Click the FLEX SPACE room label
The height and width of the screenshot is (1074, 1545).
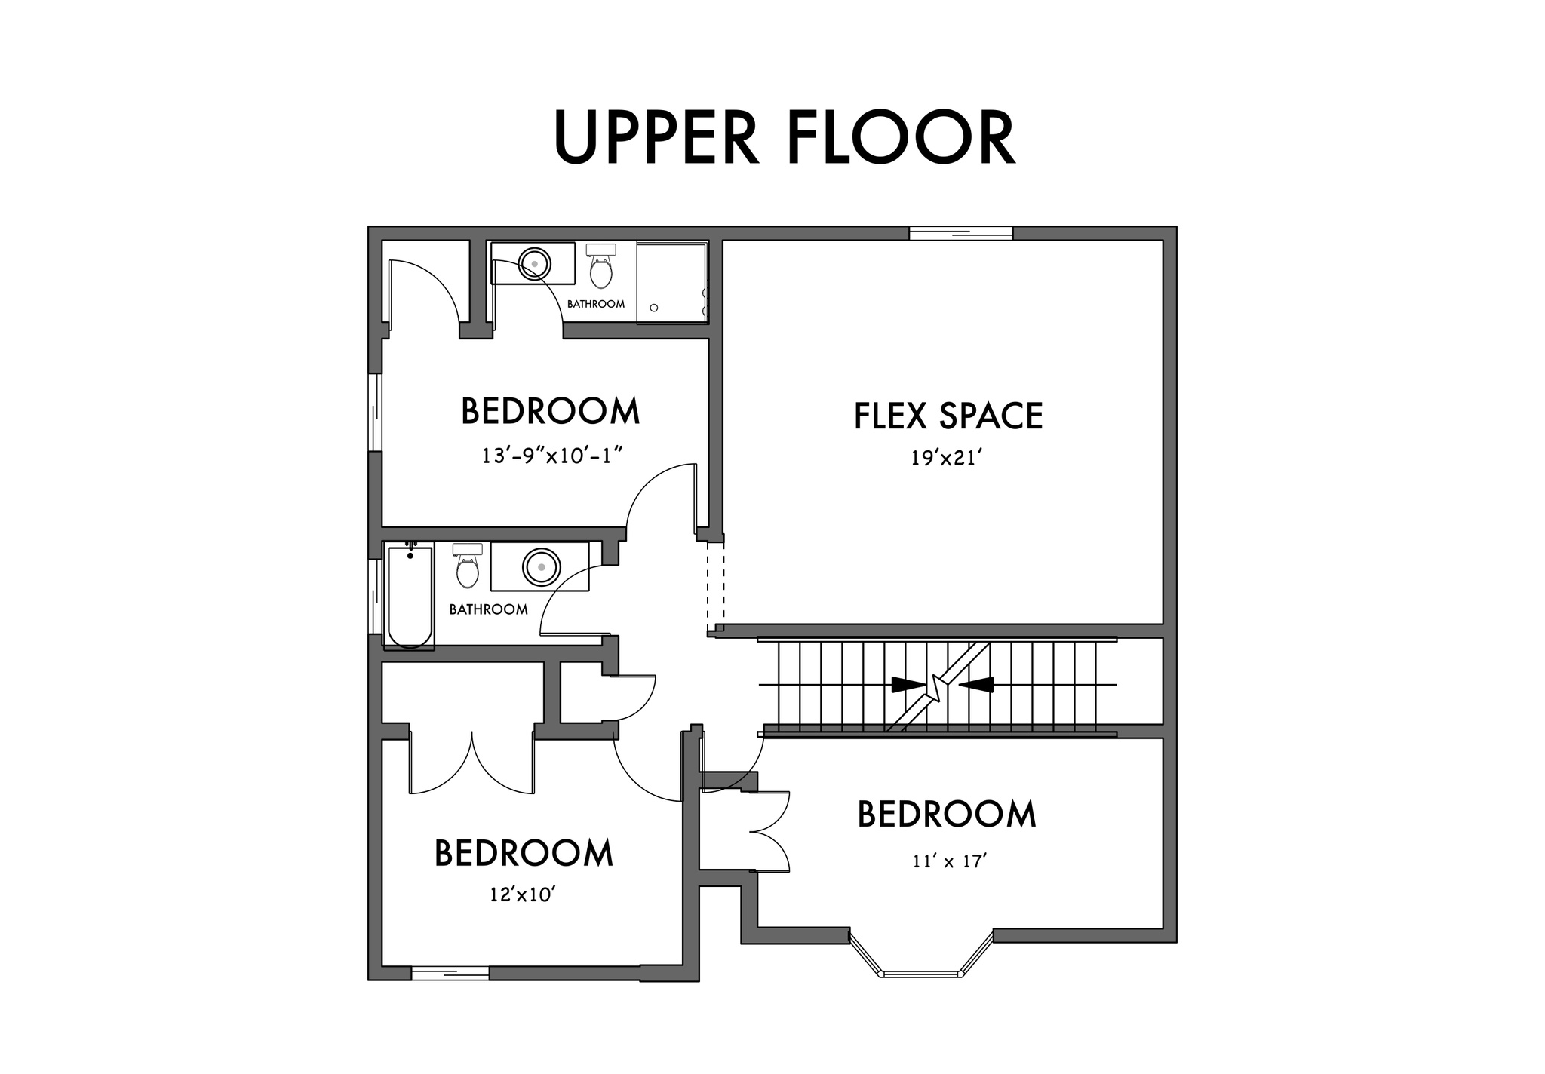pyautogui.click(x=948, y=416)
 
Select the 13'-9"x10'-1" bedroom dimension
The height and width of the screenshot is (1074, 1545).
pyautogui.click(x=551, y=456)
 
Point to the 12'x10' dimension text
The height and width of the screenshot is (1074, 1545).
pyautogui.click(x=523, y=894)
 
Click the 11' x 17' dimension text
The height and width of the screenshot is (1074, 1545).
pyautogui.click(x=950, y=861)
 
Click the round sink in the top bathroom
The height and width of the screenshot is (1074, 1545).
pyautogui.click(x=534, y=263)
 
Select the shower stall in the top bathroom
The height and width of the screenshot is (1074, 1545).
pyautogui.click(x=672, y=284)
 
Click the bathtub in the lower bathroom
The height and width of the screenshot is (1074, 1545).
pyautogui.click(x=410, y=596)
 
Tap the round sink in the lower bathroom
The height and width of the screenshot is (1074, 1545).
pyautogui.click(x=541, y=566)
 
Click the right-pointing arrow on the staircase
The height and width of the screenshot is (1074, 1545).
pyautogui.click(x=908, y=685)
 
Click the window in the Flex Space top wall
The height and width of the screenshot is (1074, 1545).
pyautogui.click(x=960, y=233)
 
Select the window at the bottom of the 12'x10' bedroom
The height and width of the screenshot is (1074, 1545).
pyautogui.click(x=450, y=973)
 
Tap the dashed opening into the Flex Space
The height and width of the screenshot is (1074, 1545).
pyautogui.click(x=715, y=583)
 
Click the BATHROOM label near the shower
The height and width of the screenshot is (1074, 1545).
pyautogui.click(x=596, y=304)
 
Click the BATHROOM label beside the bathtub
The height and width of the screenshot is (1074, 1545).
pyautogui.click(x=488, y=609)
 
